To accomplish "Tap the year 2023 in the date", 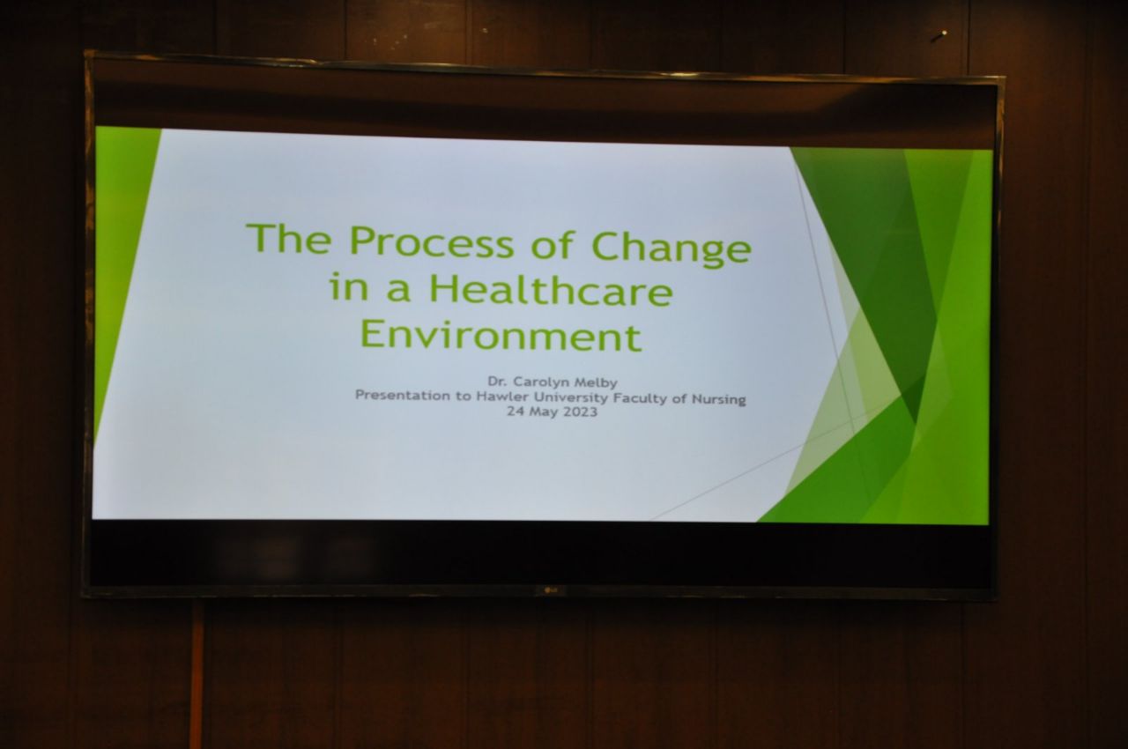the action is (580, 412).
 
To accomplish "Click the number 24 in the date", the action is (516, 411).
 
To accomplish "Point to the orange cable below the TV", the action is (196, 673).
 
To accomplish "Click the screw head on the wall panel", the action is (939, 36).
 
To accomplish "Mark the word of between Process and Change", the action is (553, 246).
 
